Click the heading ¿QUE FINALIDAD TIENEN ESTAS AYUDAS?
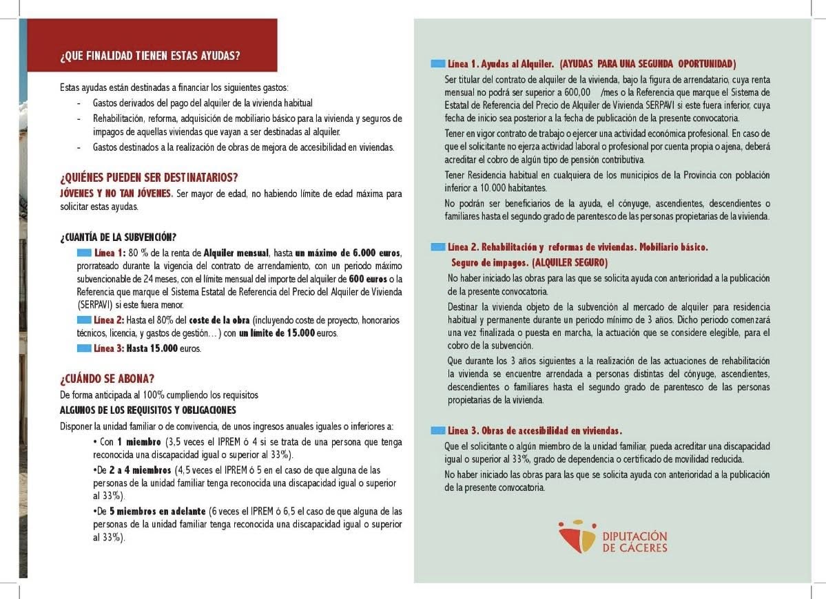click(x=150, y=56)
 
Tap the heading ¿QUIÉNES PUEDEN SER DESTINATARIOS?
click(x=149, y=178)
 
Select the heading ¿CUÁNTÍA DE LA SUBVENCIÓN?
click(x=118, y=238)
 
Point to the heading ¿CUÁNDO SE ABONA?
click(x=107, y=379)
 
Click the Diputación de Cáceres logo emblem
click(x=577, y=536)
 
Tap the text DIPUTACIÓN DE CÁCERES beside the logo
click(x=634, y=542)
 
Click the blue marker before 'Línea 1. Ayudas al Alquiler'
click(x=437, y=63)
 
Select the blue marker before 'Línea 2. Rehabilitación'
click(x=437, y=246)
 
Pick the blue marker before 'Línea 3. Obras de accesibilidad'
click(x=437, y=430)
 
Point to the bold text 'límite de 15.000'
click(x=278, y=333)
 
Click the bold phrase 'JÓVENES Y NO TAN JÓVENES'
click(x=116, y=193)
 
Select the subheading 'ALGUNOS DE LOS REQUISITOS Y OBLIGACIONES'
click(x=148, y=410)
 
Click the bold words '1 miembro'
click(x=130, y=442)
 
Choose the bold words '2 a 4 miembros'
click(x=139, y=470)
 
